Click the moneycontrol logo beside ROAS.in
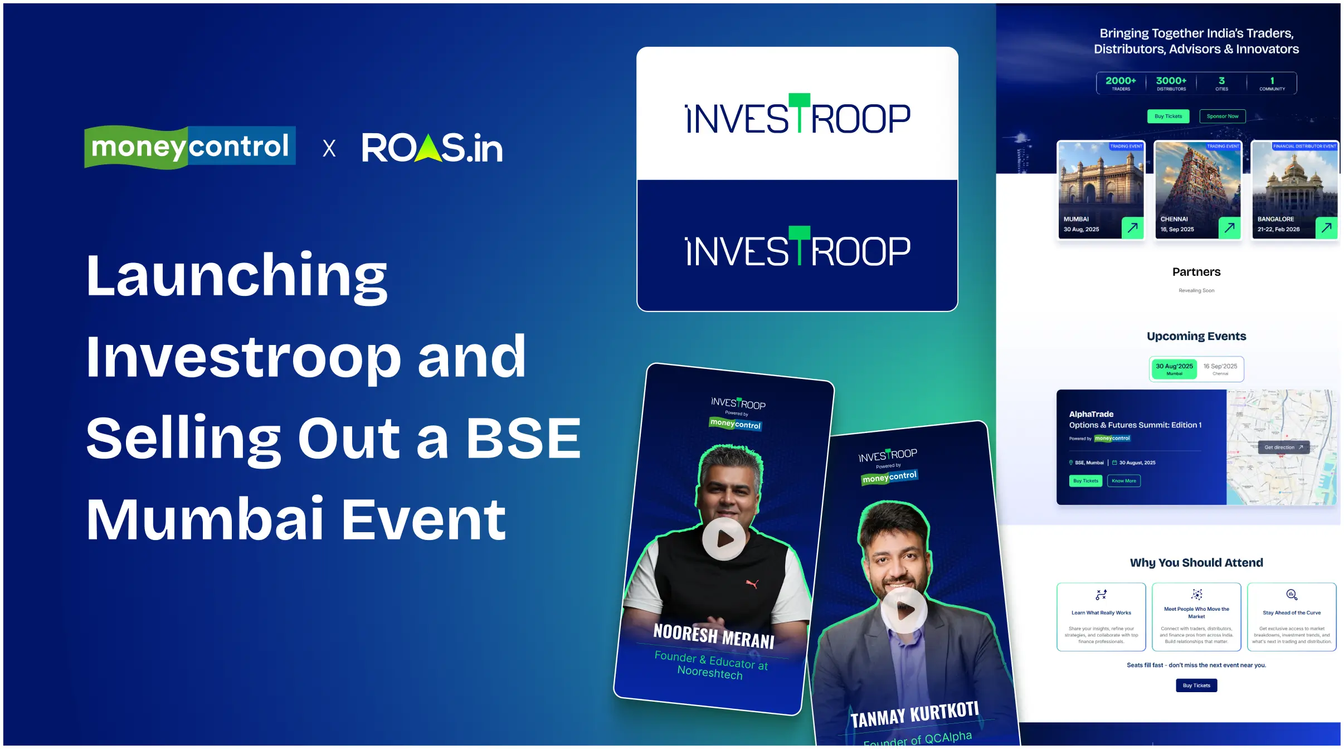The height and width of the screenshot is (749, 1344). coord(189,147)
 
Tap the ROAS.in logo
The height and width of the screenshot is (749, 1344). coord(432,148)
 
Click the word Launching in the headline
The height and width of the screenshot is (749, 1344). coord(237,276)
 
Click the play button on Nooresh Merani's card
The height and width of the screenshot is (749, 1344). coord(723,539)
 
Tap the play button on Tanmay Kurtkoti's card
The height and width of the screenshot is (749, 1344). coord(904,610)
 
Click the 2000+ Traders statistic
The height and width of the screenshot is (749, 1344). coord(1121,83)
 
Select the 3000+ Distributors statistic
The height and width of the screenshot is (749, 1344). coord(1171,83)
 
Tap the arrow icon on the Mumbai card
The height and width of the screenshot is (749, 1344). coord(1132,227)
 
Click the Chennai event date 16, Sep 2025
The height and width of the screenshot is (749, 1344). coord(1177,230)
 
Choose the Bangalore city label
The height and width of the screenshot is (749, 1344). coord(1275,220)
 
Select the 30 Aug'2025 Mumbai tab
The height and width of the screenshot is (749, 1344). coord(1174,369)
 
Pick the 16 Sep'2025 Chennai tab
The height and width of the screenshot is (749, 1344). coord(1220,369)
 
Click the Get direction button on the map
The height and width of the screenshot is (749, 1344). coord(1283,448)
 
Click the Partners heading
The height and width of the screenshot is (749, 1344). coord(1196,272)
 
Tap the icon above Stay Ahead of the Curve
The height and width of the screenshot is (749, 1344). coord(1291,595)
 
